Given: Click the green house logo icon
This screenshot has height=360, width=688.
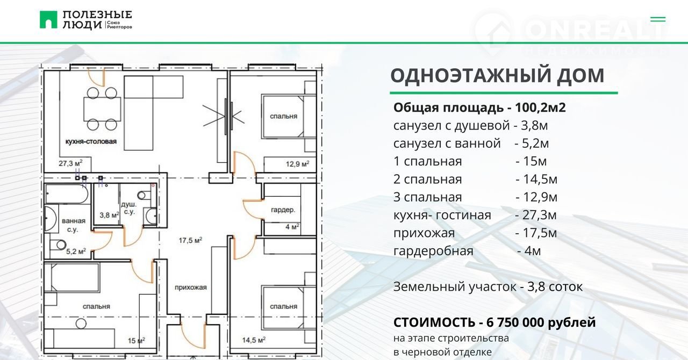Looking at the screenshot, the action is pos(48,20).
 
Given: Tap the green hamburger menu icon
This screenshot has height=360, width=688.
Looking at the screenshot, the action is pos(658,19).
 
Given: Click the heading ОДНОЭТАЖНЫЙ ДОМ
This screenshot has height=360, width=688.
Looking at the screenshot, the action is pos(497,76).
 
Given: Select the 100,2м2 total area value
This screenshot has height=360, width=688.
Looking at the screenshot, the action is pos(540,107).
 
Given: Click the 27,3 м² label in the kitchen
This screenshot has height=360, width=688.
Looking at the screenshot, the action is pos(70,163).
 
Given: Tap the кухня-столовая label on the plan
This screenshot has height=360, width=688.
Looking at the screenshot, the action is pos(91,141).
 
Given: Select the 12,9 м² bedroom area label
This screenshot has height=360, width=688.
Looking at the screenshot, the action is pos(297,164).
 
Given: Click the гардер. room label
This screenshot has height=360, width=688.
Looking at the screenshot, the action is pos(283,210).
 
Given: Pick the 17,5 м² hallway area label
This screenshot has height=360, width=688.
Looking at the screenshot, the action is pos(190,240).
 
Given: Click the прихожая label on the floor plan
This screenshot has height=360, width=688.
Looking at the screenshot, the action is pos(191,287).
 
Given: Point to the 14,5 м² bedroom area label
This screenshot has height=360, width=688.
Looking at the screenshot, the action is pos(254,340).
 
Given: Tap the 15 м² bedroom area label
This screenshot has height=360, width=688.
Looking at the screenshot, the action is pos(137,340).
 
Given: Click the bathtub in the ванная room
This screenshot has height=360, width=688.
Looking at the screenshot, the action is pos(67,193).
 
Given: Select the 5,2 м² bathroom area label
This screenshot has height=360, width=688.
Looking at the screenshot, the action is pos(76,251).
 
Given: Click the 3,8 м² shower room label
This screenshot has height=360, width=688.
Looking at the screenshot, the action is pos(109,215).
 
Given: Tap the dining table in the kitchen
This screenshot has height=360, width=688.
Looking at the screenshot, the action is pos(102,109).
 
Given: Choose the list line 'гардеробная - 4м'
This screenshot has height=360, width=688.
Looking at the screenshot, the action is pos(467,251).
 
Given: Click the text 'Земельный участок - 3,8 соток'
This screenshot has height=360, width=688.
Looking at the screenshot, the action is pos(488,287).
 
